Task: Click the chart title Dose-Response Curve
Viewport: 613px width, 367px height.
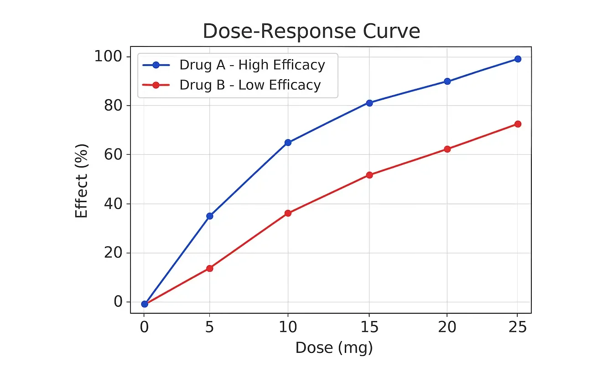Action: click(x=311, y=31)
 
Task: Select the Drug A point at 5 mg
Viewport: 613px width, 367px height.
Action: click(x=210, y=216)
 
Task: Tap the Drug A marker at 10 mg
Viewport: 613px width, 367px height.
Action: click(x=288, y=143)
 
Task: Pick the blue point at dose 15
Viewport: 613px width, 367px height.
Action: click(x=369, y=103)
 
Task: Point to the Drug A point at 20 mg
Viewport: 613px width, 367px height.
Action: click(x=447, y=82)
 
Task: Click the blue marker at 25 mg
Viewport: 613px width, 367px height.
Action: click(x=518, y=59)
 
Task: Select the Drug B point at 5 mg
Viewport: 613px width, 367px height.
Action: click(x=210, y=268)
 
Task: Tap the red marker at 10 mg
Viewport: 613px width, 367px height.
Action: click(x=288, y=213)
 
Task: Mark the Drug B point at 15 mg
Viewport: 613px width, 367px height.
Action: click(x=369, y=175)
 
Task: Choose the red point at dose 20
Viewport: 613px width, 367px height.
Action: click(x=447, y=149)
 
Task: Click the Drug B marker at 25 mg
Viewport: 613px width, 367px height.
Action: click(x=518, y=124)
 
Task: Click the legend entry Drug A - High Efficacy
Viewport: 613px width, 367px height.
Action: click(x=252, y=65)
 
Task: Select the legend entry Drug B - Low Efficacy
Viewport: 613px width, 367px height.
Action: click(x=250, y=85)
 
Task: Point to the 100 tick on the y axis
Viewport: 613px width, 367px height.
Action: click(x=109, y=57)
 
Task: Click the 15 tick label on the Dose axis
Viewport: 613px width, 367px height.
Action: click(x=369, y=327)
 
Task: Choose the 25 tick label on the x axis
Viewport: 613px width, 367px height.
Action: click(x=518, y=327)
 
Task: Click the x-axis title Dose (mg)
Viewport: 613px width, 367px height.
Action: click(x=334, y=348)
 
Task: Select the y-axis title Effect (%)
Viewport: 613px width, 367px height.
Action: click(x=81, y=181)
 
